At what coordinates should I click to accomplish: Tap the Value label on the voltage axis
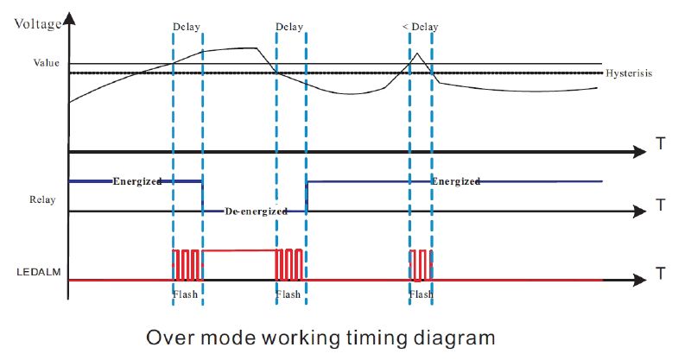(x=46, y=62)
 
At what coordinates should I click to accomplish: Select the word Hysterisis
(x=629, y=73)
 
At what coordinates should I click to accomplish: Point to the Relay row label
(x=42, y=200)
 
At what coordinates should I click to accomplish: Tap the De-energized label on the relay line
(x=255, y=211)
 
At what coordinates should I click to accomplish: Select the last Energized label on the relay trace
(x=455, y=181)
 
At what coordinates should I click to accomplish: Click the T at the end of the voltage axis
(x=660, y=144)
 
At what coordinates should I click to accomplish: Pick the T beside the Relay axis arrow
(x=660, y=205)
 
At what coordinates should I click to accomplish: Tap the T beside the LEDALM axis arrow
(x=660, y=275)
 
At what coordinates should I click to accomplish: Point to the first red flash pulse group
(x=187, y=264)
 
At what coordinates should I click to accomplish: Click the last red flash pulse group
(x=420, y=264)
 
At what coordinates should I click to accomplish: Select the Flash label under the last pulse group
(x=421, y=294)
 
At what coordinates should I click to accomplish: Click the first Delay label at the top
(x=187, y=27)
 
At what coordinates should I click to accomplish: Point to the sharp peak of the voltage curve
(x=417, y=54)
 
